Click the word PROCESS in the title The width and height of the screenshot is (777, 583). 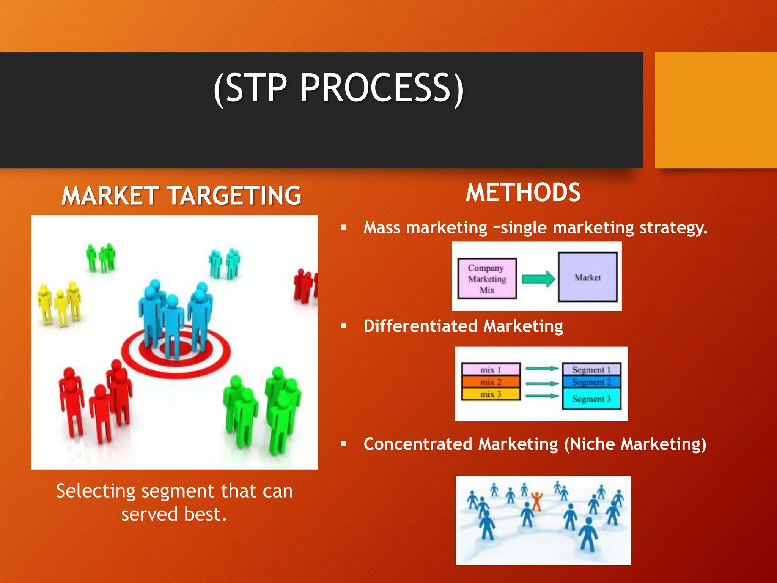tap(376, 88)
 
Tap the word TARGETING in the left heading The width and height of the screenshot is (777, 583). tap(234, 196)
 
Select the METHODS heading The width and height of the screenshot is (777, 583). tap(523, 192)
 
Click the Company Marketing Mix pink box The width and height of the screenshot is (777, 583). tap(487, 279)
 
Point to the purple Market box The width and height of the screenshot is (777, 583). tap(587, 277)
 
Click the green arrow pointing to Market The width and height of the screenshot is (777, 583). tap(538, 279)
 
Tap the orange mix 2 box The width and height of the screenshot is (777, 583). tap(491, 382)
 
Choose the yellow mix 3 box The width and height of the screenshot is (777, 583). tap(491, 394)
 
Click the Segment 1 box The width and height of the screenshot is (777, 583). tap(591, 369)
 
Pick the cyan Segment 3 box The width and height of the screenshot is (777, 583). tap(591, 399)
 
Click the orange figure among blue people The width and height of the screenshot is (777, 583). tap(536, 500)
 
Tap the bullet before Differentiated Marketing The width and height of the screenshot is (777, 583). tap(343, 326)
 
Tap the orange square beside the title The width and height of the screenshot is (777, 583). tap(716, 110)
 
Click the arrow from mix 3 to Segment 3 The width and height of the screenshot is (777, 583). tap(542, 396)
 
